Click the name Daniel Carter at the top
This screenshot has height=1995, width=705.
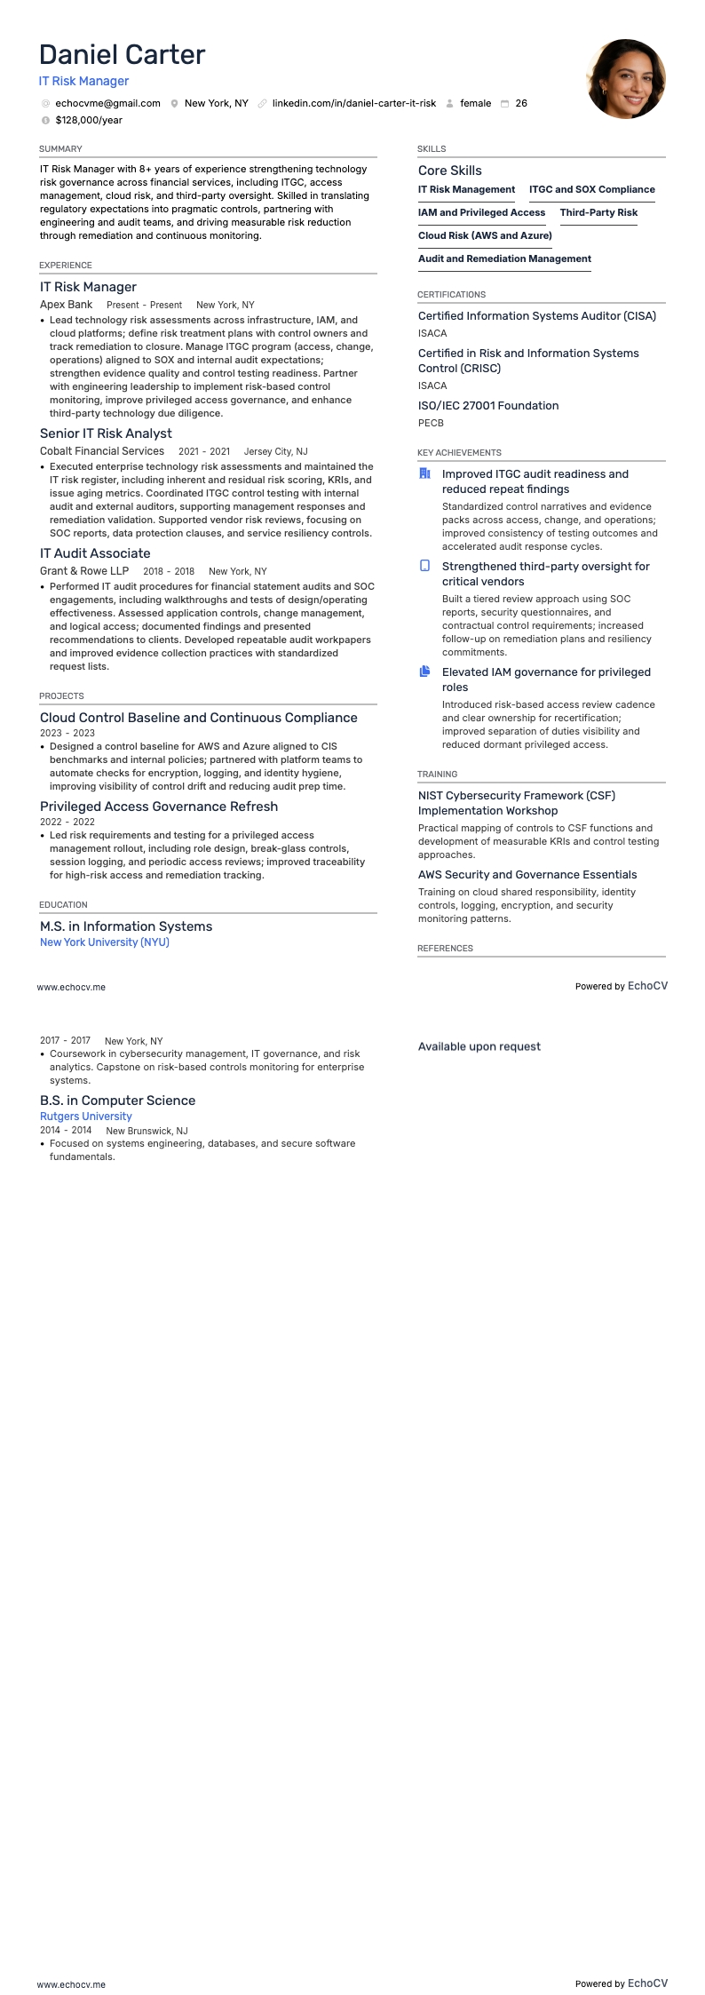point(122,55)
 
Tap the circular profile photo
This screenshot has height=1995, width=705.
point(626,79)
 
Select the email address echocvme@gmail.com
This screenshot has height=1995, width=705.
point(107,103)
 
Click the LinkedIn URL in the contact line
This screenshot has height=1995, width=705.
point(353,103)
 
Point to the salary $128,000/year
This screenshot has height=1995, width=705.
point(89,120)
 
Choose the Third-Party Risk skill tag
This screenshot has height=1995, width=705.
point(598,212)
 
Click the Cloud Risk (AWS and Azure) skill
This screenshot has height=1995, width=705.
point(485,235)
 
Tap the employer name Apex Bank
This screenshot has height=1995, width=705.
point(66,305)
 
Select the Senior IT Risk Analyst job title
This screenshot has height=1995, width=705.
point(106,433)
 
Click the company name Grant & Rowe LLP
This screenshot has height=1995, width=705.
point(84,571)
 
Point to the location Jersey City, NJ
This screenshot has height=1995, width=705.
point(275,451)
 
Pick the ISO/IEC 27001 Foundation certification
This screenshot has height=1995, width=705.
point(488,406)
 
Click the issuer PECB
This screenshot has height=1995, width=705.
point(431,423)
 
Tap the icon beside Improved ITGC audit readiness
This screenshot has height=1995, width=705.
point(424,473)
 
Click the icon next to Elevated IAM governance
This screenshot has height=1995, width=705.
point(424,672)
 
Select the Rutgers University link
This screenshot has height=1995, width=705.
point(85,1117)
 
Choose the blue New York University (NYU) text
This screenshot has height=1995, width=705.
point(104,942)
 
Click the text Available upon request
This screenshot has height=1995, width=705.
point(479,1046)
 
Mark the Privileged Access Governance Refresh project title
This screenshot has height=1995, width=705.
point(158,807)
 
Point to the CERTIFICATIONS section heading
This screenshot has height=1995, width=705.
point(451,294)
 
